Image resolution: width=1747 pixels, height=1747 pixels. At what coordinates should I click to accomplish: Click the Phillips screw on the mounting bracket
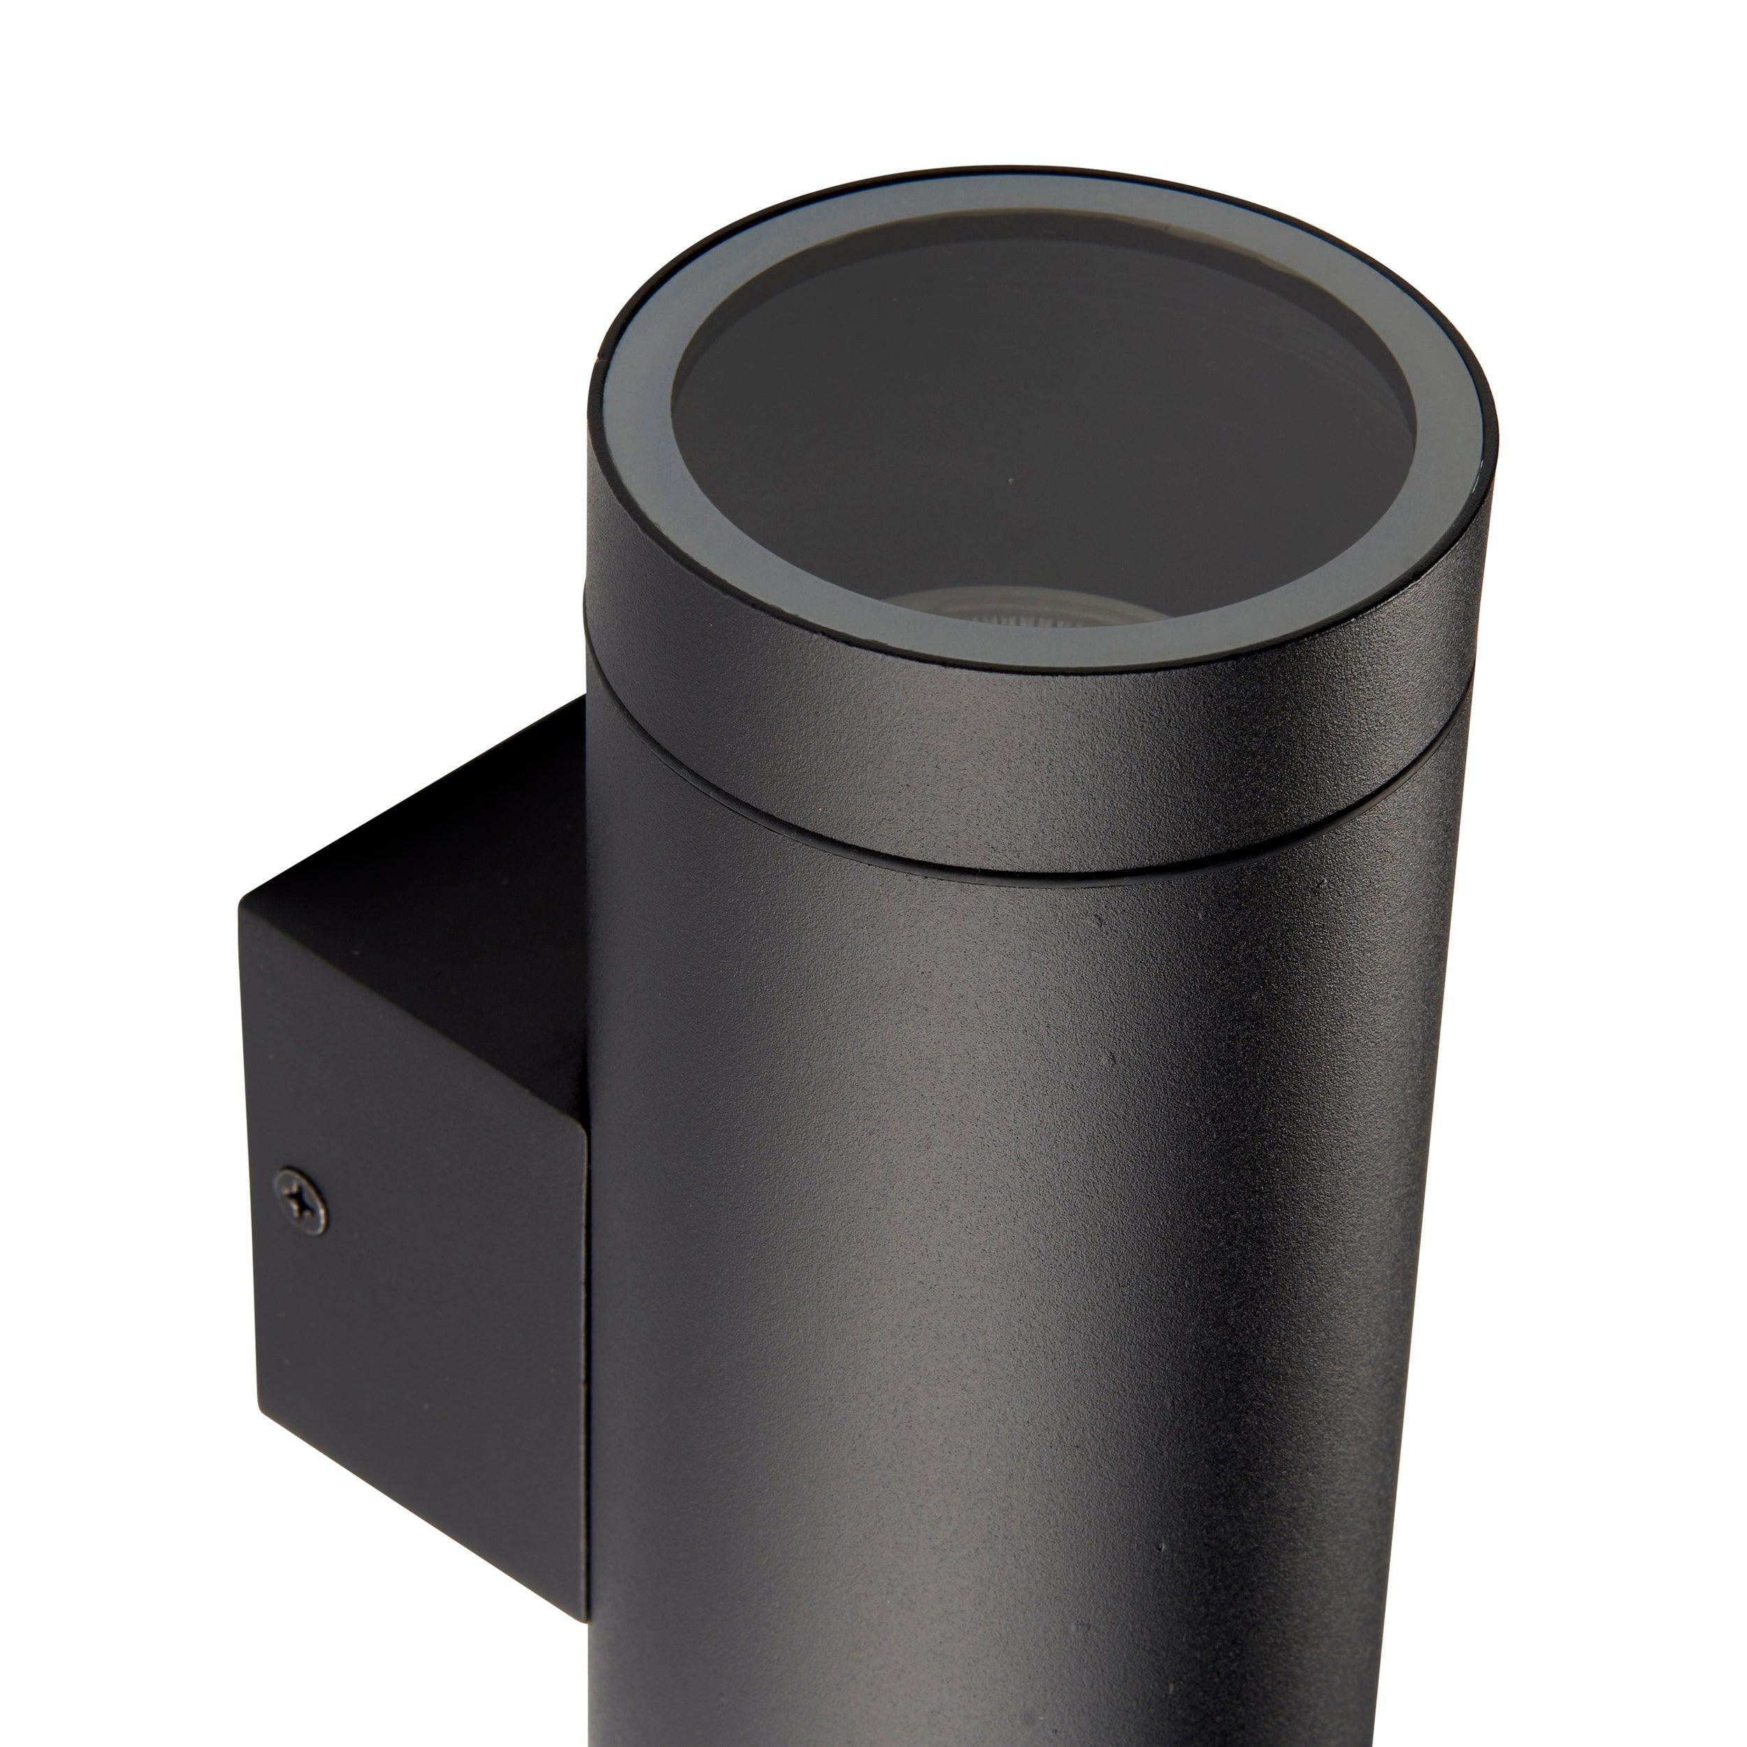pos(301,1203)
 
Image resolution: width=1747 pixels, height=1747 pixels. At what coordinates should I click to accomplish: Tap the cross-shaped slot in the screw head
pos(301,1203)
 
